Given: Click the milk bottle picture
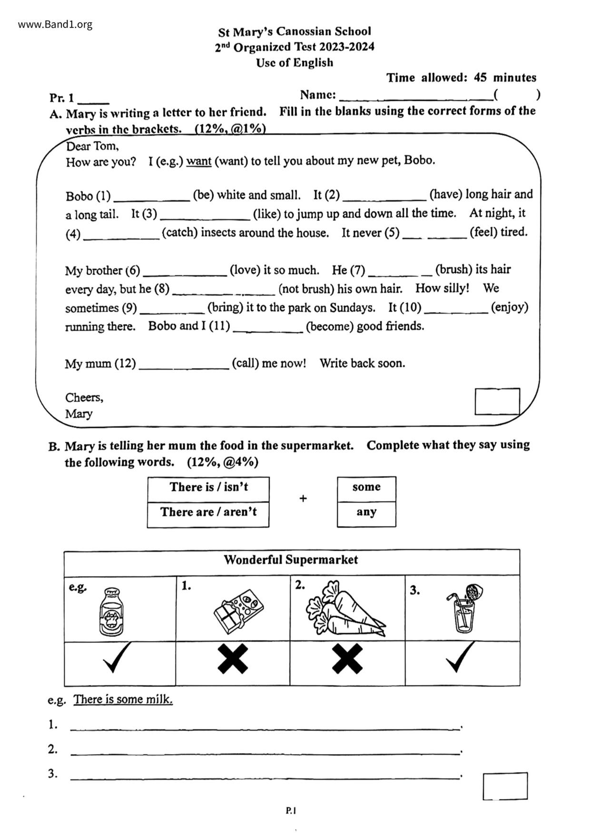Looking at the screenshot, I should pyautogui.click(x=111, y=611).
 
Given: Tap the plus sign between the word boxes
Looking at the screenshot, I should pyautogui.click(x=303, y=499).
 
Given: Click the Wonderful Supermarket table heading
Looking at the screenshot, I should pyautogui.click(x=291, y=561).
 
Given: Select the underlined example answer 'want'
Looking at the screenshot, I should pyautogui.click(x=198, y=162).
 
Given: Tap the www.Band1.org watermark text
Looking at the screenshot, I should pyautogui.click(x=55, y=25).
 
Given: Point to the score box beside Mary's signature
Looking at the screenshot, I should pyautogui.click(x=497, y=402).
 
